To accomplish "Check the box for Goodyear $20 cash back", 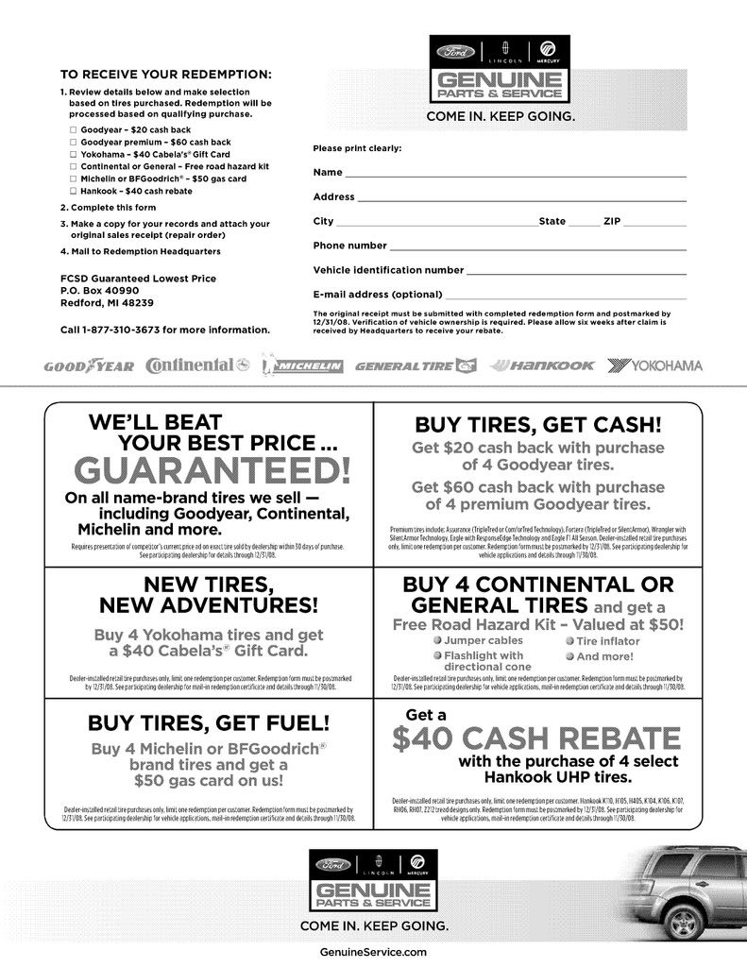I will [x=74, y=128].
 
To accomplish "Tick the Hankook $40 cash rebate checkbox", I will [x=74, y=191].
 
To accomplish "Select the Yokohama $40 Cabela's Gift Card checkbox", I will [x=74, y=154].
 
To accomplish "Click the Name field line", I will [x=515, y=173].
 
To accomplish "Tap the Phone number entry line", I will [x=537, y=246].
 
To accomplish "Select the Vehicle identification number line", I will [x=575, y=270].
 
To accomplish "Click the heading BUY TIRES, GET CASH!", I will [x=538, y=425].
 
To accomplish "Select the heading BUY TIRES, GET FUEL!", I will [x=209, y=724].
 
